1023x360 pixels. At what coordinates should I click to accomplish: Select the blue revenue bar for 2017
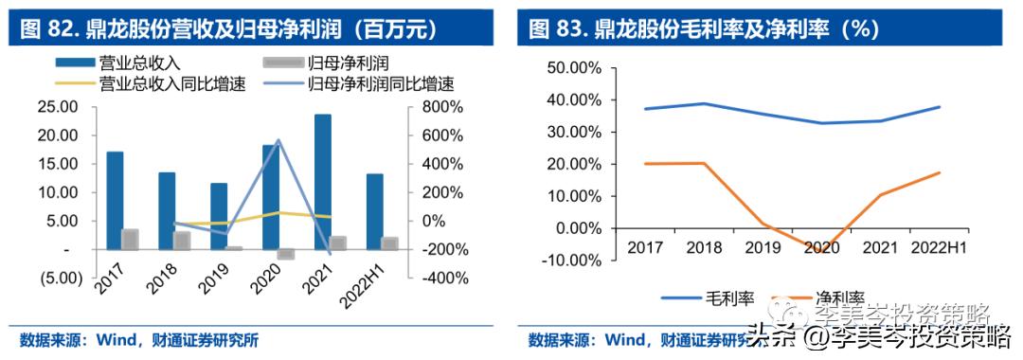pos(115,200)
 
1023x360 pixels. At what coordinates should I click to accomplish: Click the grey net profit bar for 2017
pos(130,240)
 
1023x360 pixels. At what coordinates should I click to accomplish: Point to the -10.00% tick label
pos(574,260)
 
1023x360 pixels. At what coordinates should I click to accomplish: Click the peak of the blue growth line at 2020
pos(278,140)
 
